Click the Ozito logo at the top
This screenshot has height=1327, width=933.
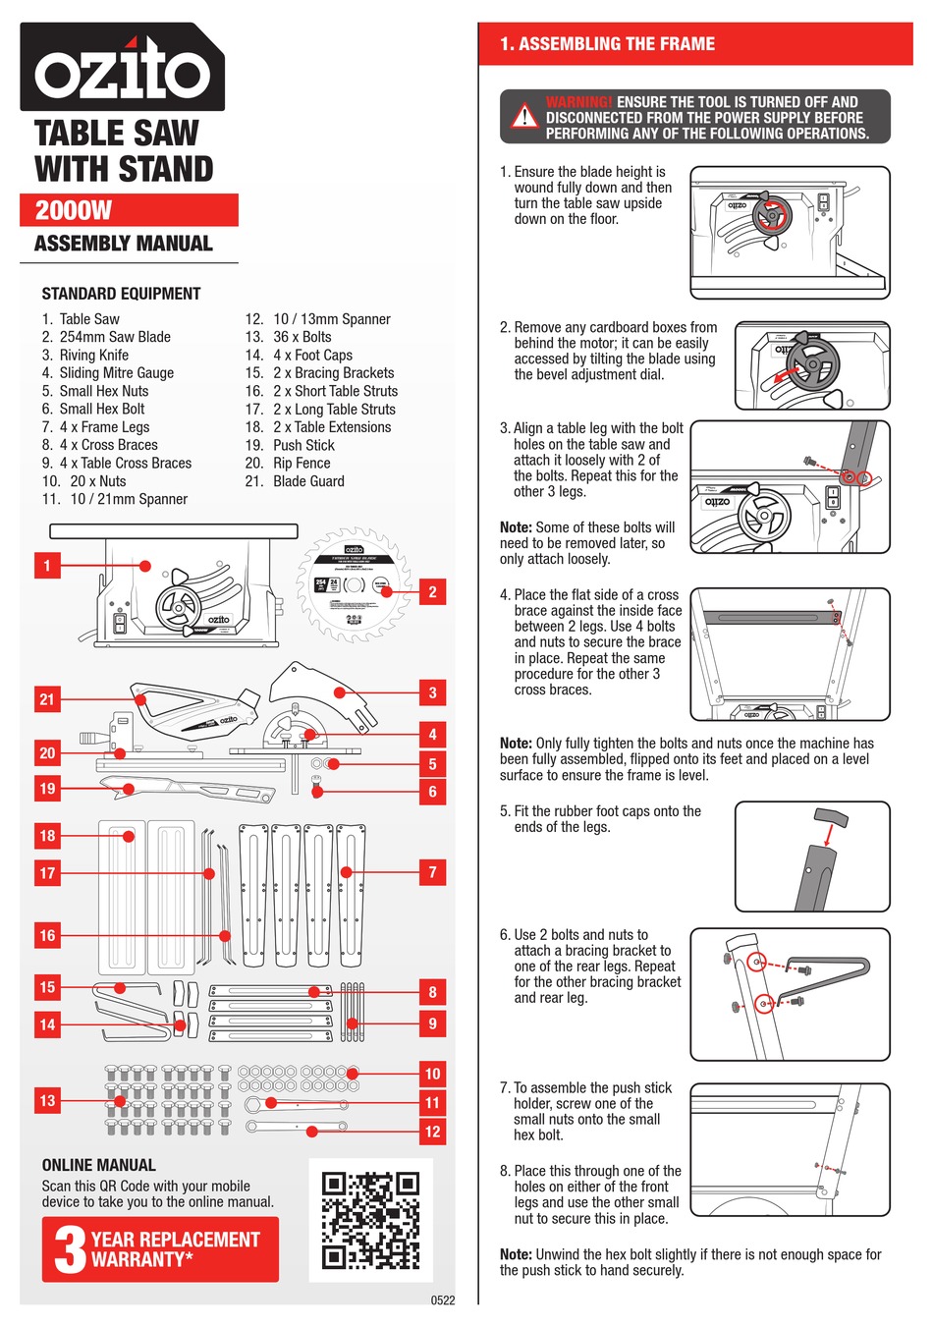(123, 68)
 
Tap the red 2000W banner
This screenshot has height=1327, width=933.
(129, 210)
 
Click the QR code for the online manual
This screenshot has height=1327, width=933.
(370, 1220)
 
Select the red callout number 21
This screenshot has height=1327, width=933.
(47, 699)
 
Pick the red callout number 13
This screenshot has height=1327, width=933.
(47, 1100)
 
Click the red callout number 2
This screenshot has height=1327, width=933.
(432, 591)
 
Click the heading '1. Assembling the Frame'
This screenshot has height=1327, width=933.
(607, 44)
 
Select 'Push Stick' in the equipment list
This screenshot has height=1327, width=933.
(303, 445)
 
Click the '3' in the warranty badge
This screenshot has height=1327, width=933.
(70, 1249)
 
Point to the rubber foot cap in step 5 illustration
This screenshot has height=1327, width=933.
(832, 817)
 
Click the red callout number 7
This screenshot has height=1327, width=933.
(432, 872)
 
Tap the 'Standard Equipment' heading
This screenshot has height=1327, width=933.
(121, 294)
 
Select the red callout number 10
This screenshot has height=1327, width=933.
(432, 1074)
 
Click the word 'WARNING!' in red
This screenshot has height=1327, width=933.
(578, 102)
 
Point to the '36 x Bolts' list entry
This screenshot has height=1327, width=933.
(302, 337)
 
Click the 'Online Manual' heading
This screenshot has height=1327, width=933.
(98, 1165)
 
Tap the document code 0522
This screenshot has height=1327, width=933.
(443, 1300)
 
